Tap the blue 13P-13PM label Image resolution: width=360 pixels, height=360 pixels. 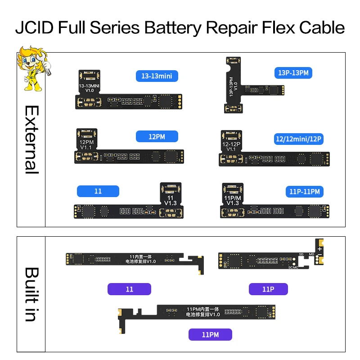point(294,72)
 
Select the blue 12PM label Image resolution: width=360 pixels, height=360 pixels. point(157,136)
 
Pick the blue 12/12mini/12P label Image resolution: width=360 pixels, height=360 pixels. point(298,139)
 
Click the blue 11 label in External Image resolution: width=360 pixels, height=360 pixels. point(98,191)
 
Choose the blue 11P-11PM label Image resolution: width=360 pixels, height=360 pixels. point(304,192)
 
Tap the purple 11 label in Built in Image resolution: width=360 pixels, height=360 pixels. point(130,289)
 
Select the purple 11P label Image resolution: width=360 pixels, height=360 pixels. point(268,289)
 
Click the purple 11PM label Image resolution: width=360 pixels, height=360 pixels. point(210,334)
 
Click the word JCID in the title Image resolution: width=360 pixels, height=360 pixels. point(35,28)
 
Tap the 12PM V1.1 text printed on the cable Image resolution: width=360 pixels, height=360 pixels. point(85,144)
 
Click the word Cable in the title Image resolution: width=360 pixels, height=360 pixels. point(320,28)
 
